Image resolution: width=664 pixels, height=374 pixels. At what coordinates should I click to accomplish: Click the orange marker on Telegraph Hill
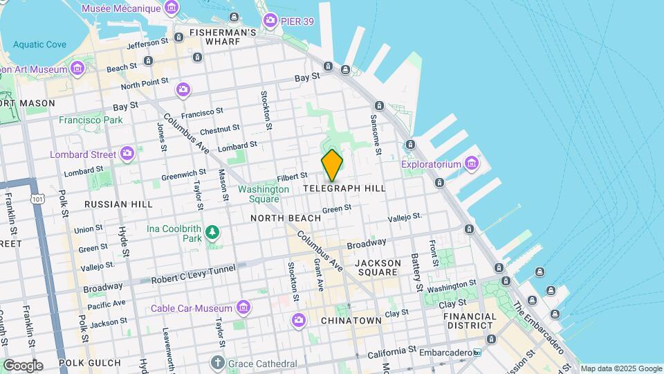coord(332,166)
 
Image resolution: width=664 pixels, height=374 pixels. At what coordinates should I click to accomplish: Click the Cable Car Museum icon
coord(243,307)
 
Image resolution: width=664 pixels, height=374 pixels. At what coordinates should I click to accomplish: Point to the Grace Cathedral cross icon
coord(217,363)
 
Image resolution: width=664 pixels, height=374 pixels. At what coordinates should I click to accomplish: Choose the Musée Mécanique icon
coord(171,9)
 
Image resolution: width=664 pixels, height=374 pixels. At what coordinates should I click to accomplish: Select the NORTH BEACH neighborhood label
coord(286,218)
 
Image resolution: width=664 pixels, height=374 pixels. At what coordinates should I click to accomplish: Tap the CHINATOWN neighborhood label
coord(352,321)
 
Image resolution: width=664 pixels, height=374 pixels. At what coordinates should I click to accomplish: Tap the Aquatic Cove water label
coord(39,44)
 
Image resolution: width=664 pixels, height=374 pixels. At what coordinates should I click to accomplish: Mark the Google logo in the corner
coord(23,365)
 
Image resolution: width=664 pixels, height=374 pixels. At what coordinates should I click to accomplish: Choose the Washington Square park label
coord(264,194)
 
